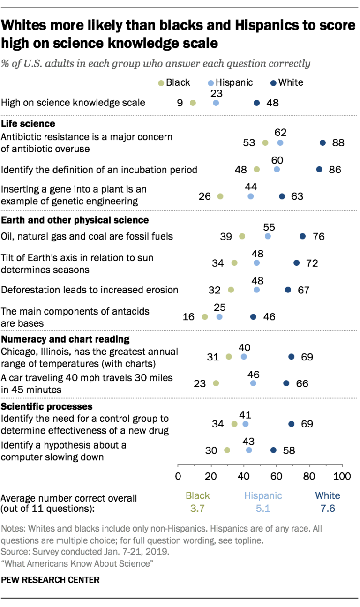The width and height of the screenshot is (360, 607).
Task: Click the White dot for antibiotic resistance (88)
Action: point(322,142)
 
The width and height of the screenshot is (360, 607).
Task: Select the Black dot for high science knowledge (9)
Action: point(193,103)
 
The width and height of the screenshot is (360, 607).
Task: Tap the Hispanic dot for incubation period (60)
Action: point(277,169)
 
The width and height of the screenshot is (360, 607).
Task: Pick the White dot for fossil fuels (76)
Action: point(302,236)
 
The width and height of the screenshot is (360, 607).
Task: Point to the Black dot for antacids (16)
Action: point(204,317)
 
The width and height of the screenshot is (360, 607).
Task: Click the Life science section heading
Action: point(28,124)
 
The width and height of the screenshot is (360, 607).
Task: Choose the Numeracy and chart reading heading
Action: point(65,339)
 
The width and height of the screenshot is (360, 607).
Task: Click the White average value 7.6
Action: point(328,507)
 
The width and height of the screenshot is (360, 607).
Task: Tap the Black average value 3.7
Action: point(198,507)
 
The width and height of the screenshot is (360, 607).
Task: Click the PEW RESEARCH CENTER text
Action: point(51,580)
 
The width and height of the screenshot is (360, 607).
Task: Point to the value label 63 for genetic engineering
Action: point(297,196)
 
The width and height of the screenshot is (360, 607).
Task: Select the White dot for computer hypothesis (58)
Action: point(274,450)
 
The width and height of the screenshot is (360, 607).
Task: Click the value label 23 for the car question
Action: point(200,383)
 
